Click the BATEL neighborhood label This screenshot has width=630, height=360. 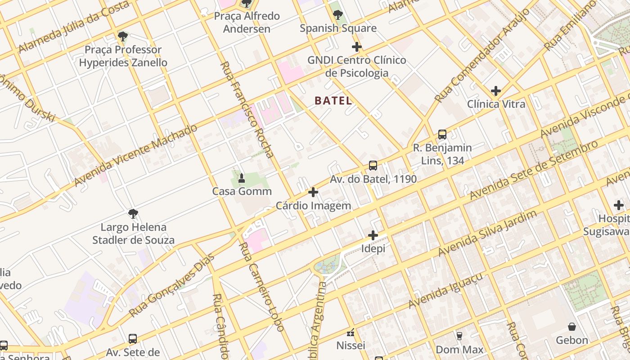pos(333,100)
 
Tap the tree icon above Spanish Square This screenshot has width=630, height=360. pos(338,15)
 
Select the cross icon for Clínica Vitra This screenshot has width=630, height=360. pos(495,91)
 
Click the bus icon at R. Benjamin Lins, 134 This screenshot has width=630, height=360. pos(442,134)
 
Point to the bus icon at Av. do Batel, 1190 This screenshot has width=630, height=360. pos(373,165)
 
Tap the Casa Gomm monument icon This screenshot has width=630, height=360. pos(242,178)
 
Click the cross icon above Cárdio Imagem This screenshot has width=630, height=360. pos(313,193)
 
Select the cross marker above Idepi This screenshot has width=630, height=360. pos(373,235)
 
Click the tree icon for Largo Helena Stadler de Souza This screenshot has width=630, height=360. pos(133,213)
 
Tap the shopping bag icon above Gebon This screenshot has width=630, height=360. pos(572,327)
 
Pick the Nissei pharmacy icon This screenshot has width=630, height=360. pos(351,333)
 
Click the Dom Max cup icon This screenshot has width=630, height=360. pos(459,336)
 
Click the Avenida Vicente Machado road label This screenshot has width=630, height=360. pos(135,155)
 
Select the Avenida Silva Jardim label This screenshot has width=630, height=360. pos(487,233)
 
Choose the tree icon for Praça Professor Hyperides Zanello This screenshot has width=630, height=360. pos(122,36)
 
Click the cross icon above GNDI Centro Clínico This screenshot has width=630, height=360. pos(357,47)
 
